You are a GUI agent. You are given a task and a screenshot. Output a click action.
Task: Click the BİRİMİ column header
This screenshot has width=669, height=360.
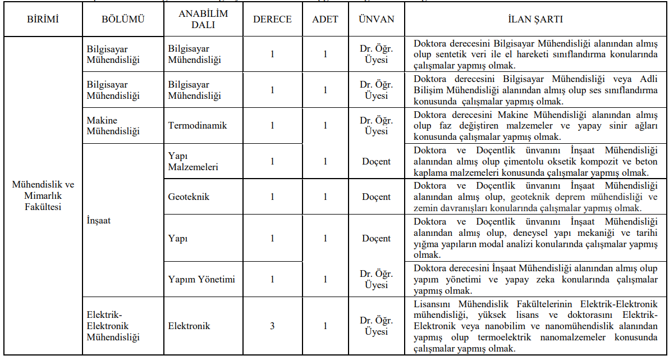43,19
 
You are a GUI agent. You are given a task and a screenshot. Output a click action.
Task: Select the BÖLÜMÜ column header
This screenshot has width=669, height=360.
123,19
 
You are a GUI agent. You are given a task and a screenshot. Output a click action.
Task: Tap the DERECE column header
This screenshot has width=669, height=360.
272,19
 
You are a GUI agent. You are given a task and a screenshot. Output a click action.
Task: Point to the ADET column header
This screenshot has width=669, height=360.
325,19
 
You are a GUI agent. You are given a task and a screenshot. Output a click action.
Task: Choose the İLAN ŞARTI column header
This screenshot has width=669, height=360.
535,19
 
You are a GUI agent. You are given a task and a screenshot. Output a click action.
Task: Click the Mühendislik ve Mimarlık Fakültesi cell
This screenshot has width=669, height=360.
43,195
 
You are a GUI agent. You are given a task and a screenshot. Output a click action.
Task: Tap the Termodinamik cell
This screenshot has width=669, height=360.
198,126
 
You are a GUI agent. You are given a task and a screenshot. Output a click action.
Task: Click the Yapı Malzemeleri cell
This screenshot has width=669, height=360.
193,161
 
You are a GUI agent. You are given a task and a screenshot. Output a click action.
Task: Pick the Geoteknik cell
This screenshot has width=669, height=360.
190,197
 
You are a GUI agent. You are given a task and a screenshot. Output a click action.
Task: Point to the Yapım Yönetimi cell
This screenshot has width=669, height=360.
201,279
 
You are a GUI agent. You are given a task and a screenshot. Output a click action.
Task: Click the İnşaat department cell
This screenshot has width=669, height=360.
98,221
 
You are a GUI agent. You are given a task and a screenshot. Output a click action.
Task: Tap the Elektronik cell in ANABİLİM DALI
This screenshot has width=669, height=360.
189,326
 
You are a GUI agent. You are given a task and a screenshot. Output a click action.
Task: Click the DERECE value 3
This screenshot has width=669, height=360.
272,326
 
